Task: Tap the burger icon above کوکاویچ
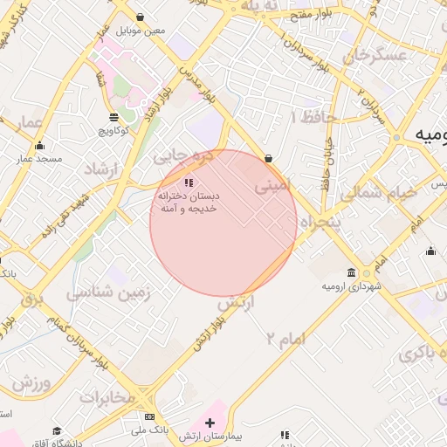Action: click(113, 117)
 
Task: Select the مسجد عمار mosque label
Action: click(38, 159)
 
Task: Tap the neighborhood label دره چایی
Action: click(182, 156)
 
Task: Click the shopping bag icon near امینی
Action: click(267, 158)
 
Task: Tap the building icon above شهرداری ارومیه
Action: click(352, 272)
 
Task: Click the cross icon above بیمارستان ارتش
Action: click(209, 423)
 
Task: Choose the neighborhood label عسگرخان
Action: click(376, 55)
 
